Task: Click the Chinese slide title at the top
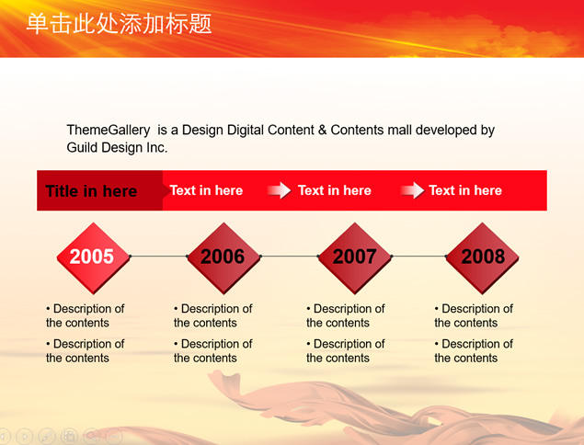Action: click(x=120, y=24)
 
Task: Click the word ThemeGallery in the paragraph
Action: click(x=109, y=130)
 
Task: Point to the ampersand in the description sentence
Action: click(x=322, y=130)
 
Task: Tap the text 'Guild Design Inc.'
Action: click(x=117, y=147)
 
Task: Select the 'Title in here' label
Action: click(x=91, y=191)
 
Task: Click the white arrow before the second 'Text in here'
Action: click(x=279, y=190)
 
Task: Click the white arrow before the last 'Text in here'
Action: click(x=412, y=190)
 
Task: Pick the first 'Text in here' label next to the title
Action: click(x=206, y=190)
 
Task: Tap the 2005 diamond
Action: click(x=93, y=257)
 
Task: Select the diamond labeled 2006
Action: click(x=223, y=257)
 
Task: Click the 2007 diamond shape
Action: click(x=355, y=257)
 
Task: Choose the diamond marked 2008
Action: click(x=482, y=257)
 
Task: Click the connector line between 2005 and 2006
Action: click(x=158, y=256)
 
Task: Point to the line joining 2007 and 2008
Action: click(x=418, y=256)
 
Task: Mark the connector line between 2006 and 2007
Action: click(x=289, y=256)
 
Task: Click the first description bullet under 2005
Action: click(x=86, y=315)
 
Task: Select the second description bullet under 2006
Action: click(x=213, y=350)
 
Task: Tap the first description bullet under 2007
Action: click(x=346, y=315)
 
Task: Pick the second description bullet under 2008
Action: click(x=474, y=350)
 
